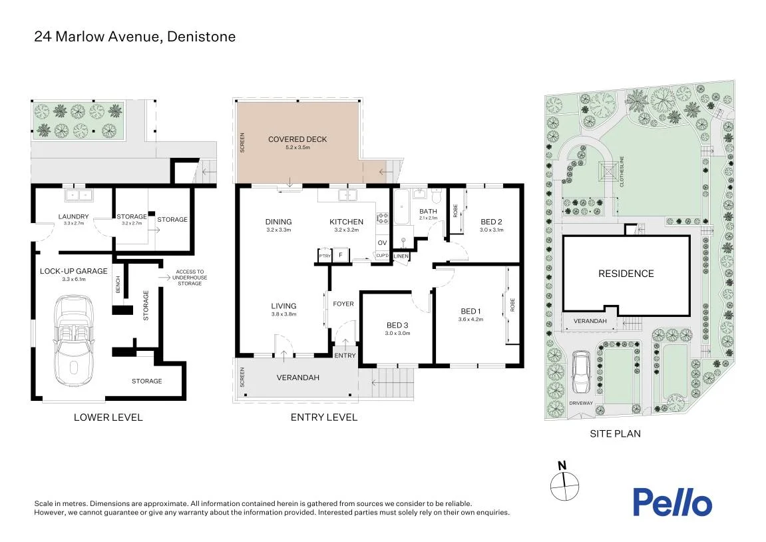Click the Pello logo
[x=672, y=502]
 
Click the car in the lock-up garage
[x=73, y=341]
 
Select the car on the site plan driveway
[x=581, y=372]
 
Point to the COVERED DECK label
[x=297, y=139]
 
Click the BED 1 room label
[x=471, y=312]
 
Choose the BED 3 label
[x=397, y=325]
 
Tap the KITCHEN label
[x=346, y=222]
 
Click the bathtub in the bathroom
[x=401, y=206]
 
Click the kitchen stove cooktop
[x=382, y=218]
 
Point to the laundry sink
[x=79, y=195]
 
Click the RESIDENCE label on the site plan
[x=626, y=274]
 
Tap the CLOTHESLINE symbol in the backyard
[x=608, y=172]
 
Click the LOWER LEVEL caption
[x=108, y=417]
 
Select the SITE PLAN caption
[x=615, y=433]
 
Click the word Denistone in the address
[x=201, y=37]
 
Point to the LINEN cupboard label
[x=401, y=256]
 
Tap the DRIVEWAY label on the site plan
[x=581, y=404]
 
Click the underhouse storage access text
[x=190, y=278]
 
